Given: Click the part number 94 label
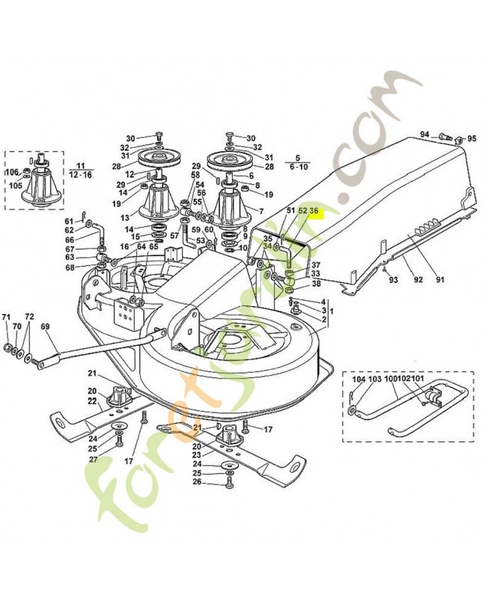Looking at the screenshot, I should (424, 135).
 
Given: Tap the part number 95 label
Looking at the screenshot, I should (472, 139).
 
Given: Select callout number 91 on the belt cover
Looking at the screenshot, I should (440, 280).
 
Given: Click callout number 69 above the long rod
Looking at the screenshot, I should (45, 326).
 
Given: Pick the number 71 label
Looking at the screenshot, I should (6, 317).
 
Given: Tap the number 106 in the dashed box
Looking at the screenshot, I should (12, 172).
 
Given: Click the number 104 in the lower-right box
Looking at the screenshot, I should (359, 380).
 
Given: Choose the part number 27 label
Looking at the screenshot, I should (93, 459).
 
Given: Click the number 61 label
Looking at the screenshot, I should (69, 221).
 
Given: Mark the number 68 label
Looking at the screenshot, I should (70, 267).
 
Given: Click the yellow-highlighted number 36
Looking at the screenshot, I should (314, 212).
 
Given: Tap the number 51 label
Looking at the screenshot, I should (290, 212).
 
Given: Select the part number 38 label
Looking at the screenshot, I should (316, 284).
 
